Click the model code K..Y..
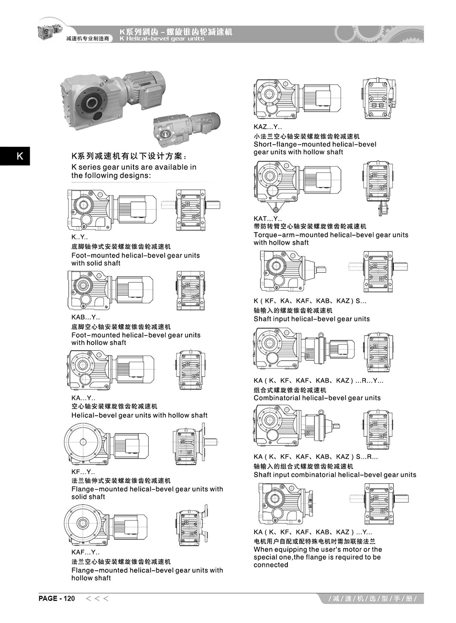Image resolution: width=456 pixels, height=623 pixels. click(x=79, y=237)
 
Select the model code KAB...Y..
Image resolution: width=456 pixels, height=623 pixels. click(x=85, y=317)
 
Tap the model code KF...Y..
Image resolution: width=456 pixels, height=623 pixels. click(x=83, y=472)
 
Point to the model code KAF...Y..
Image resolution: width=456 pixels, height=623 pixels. click(x=85, y=552)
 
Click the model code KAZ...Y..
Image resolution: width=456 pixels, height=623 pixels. click(x=267, y=127)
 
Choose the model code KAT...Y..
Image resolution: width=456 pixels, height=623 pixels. click(x=267, y=219)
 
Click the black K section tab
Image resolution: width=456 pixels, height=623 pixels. click(x=15, y=156)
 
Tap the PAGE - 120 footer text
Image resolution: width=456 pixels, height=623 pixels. click(x=57, y=598)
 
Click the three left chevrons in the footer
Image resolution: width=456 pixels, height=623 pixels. click(x=97, y=598)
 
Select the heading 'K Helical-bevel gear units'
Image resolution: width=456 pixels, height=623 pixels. click(x=161, y=38)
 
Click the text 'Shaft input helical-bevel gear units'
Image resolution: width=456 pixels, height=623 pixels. click(x=311, y=319)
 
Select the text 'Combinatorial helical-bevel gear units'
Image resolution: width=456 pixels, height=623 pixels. click(x=317, y=398)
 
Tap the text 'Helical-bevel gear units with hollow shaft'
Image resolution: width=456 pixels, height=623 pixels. click(x=139, y=415)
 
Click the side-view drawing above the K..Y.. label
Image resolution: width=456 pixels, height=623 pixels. click(x=112, y=209)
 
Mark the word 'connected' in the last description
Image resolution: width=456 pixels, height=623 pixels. click(x=271, y=565)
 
